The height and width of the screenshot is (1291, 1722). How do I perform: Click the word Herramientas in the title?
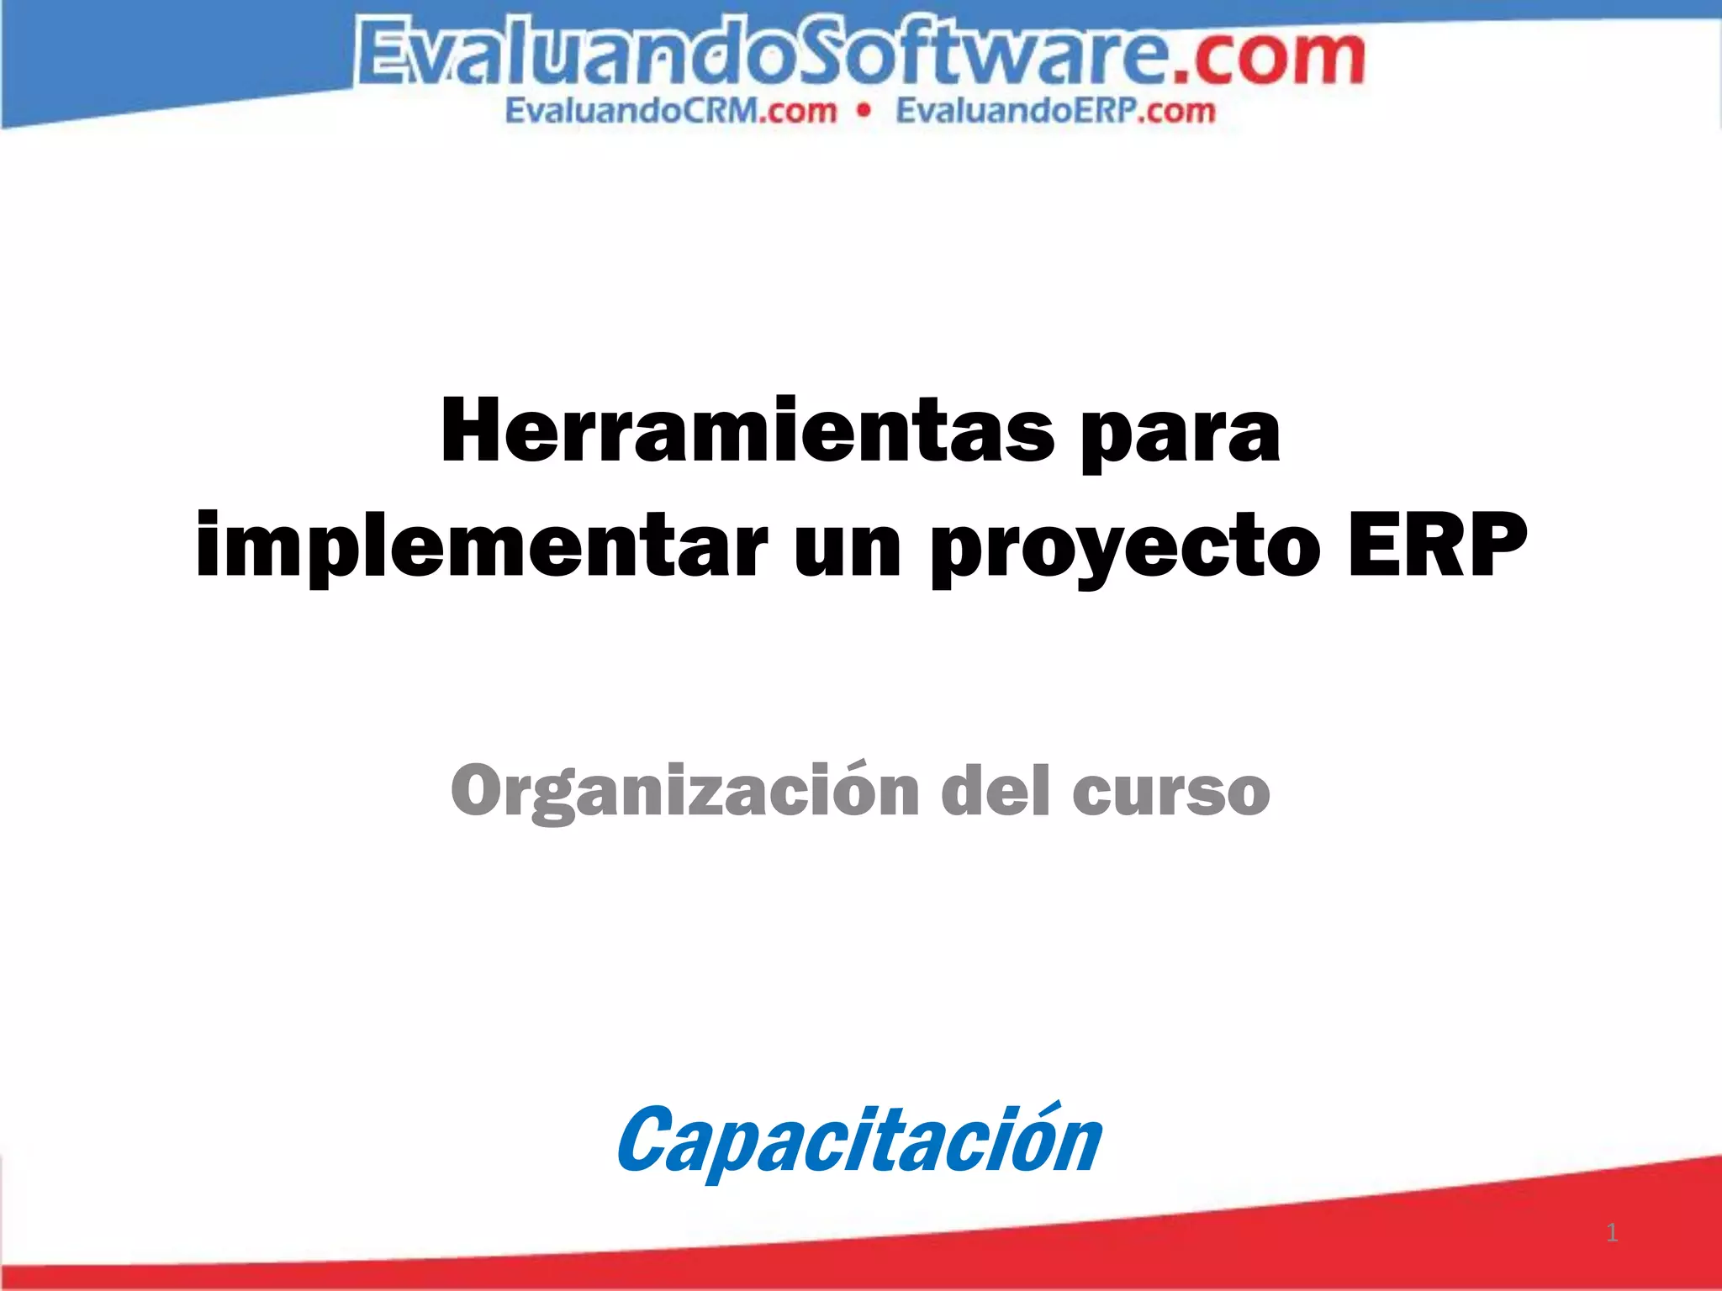pos(747,431)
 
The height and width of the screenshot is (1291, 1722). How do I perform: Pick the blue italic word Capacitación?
pos(858,1141)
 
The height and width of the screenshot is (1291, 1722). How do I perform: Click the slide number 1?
pos(1612,1233)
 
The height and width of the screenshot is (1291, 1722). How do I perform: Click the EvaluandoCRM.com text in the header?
pos(671,111)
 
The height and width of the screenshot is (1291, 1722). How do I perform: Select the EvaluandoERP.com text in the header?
pos(1055,111)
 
